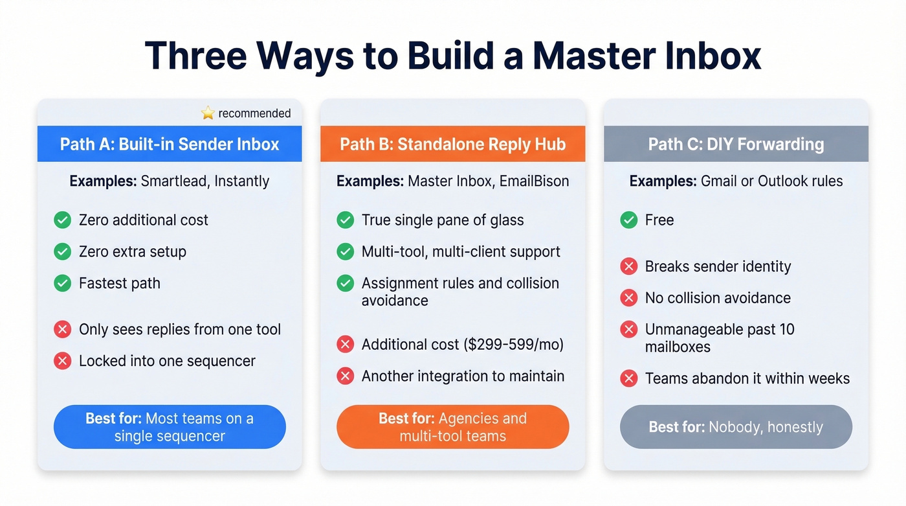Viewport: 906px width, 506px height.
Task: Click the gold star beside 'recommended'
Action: [x=208, y=113]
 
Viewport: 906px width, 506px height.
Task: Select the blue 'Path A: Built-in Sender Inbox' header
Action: [x=170, y=144]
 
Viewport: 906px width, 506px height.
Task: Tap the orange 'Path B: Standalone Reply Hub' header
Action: [x=453, y=144]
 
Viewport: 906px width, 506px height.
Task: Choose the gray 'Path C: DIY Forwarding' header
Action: [x=736, y=144]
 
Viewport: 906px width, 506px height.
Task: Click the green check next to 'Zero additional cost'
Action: [x=63, y=220]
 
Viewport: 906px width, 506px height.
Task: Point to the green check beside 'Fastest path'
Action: [x=63, y=284]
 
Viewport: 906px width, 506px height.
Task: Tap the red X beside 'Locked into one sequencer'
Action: [x=63, y=361]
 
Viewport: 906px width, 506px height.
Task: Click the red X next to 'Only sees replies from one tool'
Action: [x=63, y=330]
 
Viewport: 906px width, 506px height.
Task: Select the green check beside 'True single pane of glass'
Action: [x=346, y=220]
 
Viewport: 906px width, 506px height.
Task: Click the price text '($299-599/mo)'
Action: [x=513, y=345]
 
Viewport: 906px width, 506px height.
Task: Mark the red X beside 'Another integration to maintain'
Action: [x=346, y=376]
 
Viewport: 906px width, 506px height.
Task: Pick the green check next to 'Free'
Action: [x=629, y=220]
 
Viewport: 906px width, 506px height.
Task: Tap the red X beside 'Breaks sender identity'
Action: [x=629, y=266]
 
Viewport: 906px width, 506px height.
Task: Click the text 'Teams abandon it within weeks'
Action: [x=747, y=378]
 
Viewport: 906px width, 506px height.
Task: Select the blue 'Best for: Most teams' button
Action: [x=170, y=427]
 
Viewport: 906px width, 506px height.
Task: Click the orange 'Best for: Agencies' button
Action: [x=453, y=427]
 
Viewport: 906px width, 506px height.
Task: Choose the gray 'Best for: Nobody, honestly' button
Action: [x=736, y=427]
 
